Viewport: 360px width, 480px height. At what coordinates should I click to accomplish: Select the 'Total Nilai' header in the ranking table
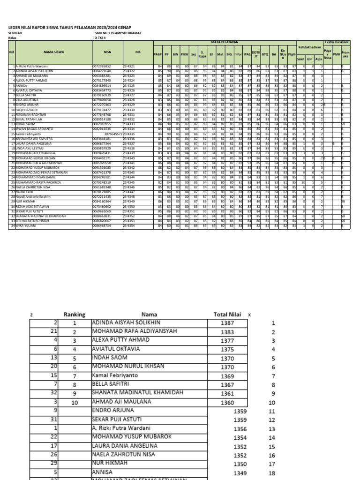point(227,315)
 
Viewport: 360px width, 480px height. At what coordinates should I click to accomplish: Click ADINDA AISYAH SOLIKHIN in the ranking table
point(126,323)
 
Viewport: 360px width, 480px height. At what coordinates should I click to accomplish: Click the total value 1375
point(227,349)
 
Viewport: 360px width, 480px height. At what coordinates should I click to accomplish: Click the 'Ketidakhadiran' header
point(310,47)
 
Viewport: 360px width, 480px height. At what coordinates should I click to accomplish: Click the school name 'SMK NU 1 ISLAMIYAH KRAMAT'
point(118,34)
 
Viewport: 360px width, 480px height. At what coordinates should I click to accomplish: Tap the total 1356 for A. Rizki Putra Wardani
point(240,428)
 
